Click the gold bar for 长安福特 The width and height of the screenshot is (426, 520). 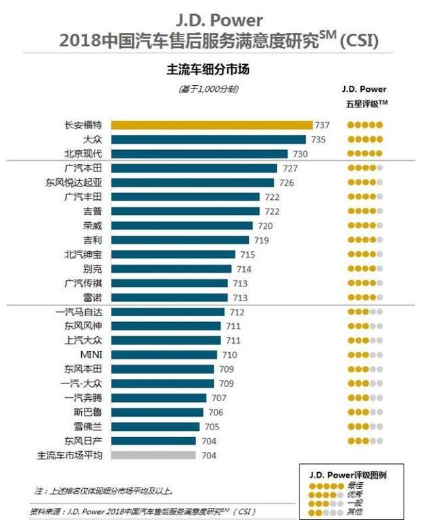(x=211, y=125)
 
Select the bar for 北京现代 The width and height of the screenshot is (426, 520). (x=199, y=154)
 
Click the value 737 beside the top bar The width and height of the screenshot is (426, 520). (x=322, y=125)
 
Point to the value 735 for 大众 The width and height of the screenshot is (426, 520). (x=319, y=140)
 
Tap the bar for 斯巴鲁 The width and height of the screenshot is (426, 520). (x=156, y=412)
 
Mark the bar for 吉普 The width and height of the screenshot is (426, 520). (x=185, y=211)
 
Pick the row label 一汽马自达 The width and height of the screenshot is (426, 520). (x=78, y=312)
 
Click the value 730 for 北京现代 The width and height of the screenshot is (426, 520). (x=299, y=154)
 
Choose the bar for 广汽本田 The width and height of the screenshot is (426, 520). (x=193, y=168)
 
